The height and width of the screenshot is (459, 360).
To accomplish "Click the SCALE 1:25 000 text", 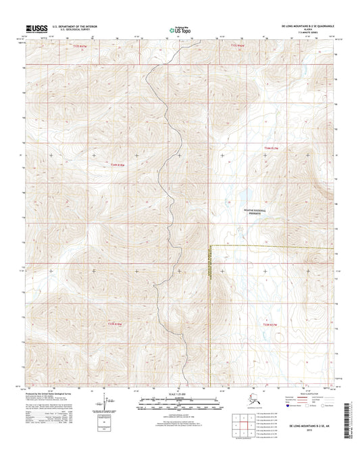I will tap(180, 394).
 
